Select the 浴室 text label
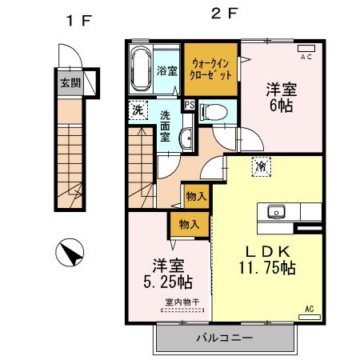click(x=166, y=70)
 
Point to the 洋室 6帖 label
click(x=281, y=98)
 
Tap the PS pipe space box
click(x=190, y=104)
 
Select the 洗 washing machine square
click(x=138, y=110)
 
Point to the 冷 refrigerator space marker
click(x=261, y=166)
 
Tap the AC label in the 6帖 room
click(x=306, y=58)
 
